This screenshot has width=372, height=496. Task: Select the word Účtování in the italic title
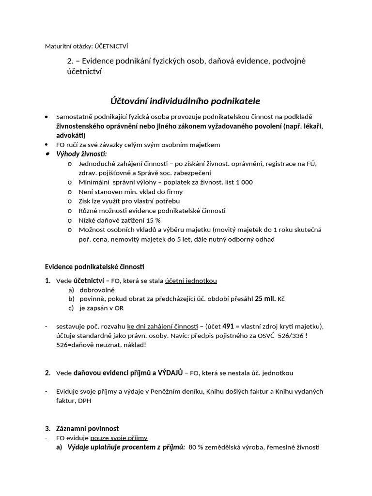(129, 101)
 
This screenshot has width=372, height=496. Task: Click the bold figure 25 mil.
(265, 299)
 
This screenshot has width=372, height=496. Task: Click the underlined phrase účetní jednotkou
(191, 280)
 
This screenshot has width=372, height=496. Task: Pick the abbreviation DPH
(84, 401)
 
